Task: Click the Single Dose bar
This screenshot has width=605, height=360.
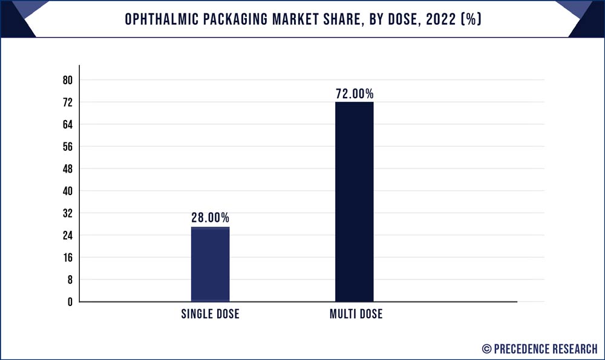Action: (210, 264)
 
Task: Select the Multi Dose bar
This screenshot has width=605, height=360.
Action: (354, 201)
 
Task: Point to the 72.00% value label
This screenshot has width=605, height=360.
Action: (355, 94)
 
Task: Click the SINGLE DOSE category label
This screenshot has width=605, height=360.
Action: (210, 314)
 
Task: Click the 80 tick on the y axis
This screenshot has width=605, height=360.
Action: (67, 81)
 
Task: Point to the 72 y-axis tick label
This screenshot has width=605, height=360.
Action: (67, 102)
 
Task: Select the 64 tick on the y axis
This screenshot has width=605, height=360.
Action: (67, 125)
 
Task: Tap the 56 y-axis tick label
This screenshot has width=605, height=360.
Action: (67, 147)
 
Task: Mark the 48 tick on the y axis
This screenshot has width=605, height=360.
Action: (67, 169)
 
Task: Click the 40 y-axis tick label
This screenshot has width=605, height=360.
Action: (67, 191)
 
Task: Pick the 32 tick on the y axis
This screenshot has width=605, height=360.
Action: (67, 213)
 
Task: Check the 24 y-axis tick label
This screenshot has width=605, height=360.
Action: (67, 235)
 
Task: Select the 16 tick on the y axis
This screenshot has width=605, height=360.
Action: (67, 258)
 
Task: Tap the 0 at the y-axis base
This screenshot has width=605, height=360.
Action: (70, 302)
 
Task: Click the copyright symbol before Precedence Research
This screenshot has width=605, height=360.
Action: (486, 348)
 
